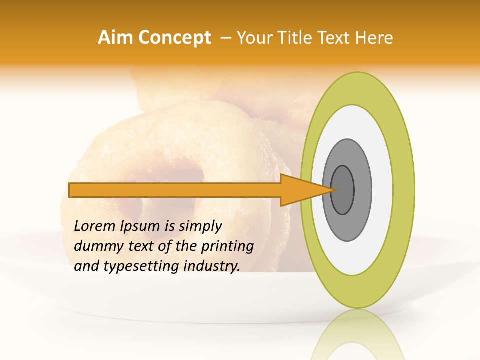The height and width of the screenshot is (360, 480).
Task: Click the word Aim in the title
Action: (x=115, y=38)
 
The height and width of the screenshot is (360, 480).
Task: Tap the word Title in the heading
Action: (x=309, y=38)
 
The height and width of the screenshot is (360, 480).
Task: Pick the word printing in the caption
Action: (x=227, y=246)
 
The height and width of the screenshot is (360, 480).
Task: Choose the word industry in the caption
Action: (x=212, y=266)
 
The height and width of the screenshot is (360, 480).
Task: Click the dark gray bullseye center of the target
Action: (x=343, y=190)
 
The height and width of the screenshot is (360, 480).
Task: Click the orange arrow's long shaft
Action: (x=175, y=190)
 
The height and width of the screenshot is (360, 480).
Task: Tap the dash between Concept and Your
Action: (x=225, y=38)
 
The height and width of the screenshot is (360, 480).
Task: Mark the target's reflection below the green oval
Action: (x=358, y=337)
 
